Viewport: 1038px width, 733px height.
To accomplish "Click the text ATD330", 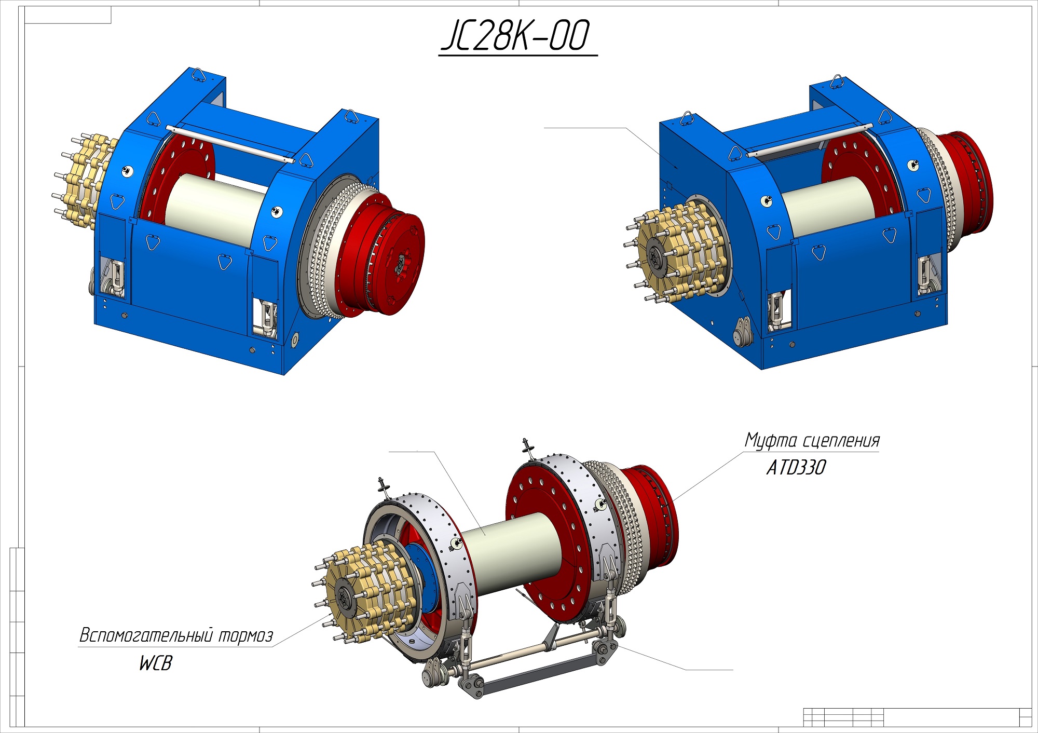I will pyautogui.click(x=796, y=468).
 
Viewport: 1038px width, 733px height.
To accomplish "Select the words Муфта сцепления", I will pyautogui.click(x=812, y=440).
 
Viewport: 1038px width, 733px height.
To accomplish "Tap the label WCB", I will pyautogui.click(x=155, y=663).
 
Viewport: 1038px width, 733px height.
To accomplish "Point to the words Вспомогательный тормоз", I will pyautogui.click(x=176, y=635).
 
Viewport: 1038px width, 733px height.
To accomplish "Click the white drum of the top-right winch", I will pyautogui.click(x=825, y=205).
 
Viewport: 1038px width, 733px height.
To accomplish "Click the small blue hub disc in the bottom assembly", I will pyautogui.click(x=423, y=576).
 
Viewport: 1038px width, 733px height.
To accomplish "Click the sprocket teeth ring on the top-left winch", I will pyautogui.click(x=322, y=249).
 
